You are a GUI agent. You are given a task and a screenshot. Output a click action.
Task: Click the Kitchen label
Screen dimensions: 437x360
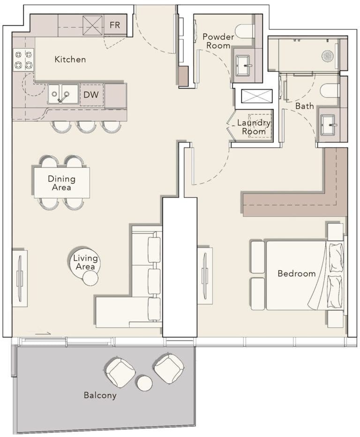coord(70,60)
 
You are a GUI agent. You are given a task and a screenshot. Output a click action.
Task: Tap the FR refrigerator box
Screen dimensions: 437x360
coord(115,25)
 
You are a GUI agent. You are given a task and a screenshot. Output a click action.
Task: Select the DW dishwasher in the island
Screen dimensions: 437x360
coord(91,95)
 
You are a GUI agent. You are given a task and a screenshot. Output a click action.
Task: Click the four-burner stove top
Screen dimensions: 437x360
coord(23,60)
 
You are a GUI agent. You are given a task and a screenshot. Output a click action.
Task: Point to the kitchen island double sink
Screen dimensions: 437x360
coord(62,94)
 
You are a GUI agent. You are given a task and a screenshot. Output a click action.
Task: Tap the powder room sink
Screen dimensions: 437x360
coord(244,65)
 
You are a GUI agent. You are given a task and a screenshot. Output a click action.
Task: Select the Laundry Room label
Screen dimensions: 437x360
coord(254,127)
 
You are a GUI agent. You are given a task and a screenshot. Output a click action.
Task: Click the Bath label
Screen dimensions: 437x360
coord(304,106)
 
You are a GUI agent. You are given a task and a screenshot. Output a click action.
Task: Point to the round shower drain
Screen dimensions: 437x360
coord(328,56)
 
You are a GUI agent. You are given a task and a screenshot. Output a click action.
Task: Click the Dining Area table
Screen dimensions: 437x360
coord(61,182)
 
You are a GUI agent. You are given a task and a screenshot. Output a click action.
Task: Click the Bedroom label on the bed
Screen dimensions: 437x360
coord(296,273)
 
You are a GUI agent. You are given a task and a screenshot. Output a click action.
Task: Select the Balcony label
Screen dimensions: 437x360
coord(100,395)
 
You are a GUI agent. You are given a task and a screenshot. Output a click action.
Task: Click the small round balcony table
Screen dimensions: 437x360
coord(145,383)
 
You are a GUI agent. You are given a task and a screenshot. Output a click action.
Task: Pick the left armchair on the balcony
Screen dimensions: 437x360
coord(120,372)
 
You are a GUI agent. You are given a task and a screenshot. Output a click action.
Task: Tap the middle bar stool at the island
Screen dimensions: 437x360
coord(87,126)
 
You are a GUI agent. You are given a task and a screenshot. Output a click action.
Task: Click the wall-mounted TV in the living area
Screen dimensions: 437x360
coord(20,279)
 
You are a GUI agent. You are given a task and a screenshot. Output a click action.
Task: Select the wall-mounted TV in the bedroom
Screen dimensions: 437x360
coord(205,276)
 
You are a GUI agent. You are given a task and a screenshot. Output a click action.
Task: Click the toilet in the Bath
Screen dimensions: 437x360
coord(330,90)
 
